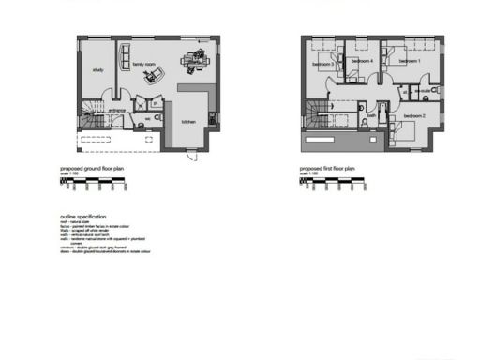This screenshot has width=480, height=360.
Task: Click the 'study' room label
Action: [97, 70]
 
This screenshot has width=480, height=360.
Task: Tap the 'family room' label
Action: [143, 64]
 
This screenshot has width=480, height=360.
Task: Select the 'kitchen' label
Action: [188, 123]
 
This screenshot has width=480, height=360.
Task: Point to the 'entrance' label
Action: [117, 110]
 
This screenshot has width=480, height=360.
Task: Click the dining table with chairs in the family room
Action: [194, 62]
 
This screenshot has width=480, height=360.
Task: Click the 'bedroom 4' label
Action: [362, 61]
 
